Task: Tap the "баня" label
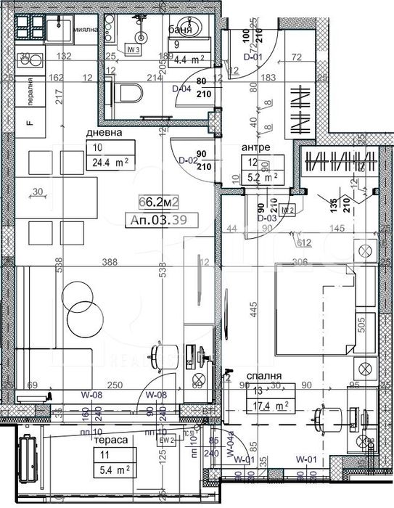click(179, 30)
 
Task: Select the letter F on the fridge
click(30, 123)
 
